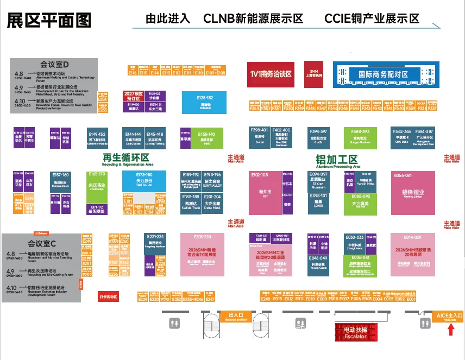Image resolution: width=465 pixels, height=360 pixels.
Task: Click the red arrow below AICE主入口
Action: point(450,330)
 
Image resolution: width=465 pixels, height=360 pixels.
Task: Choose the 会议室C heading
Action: point(42,243)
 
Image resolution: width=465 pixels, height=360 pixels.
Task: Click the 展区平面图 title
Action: point(48,20)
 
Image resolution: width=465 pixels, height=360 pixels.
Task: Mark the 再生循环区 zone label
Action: point(125,158)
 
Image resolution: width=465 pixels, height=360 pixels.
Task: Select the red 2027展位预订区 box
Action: point(133,96)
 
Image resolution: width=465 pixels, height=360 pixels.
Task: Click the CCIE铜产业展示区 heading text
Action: point(372,18)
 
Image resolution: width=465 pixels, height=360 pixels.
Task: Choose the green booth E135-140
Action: point(206,138)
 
